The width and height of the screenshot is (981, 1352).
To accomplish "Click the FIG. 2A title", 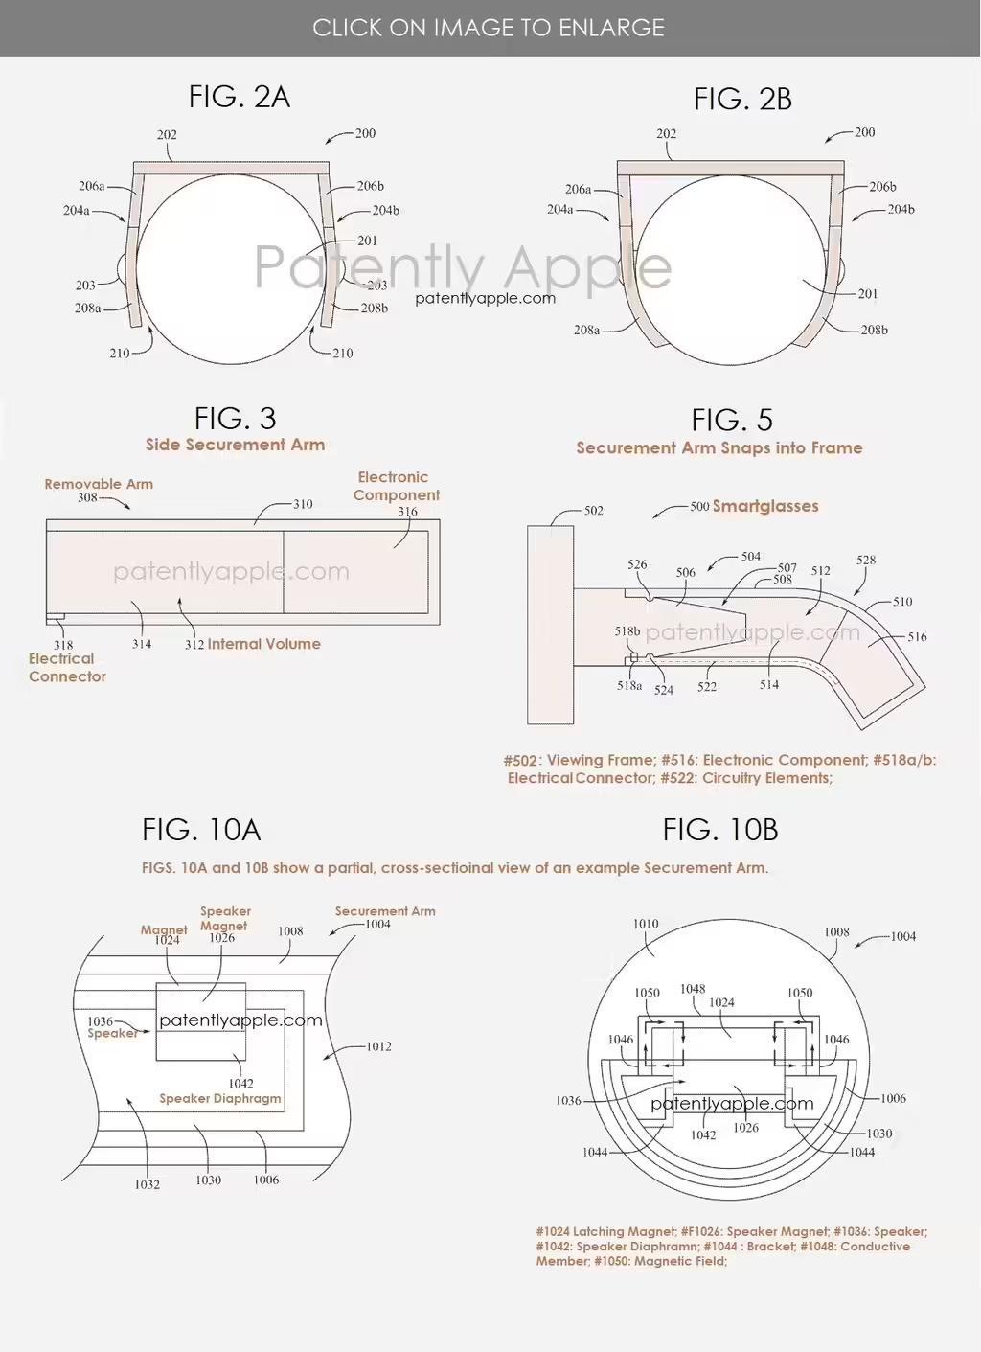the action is tap(240, 97).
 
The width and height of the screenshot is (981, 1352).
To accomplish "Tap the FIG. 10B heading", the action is tap(720, 830).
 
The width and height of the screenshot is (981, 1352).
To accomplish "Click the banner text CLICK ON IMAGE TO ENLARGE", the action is tap(489, 28).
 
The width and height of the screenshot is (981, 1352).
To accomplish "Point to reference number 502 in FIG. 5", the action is tap(594, 511).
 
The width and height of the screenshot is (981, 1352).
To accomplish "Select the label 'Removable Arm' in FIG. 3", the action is tap(99, 484).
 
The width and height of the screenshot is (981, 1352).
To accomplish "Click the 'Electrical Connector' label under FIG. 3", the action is tap(67, 668).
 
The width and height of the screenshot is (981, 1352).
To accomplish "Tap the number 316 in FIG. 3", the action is tap(408, 512).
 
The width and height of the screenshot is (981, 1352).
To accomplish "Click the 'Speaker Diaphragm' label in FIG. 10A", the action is tap(220, 1098).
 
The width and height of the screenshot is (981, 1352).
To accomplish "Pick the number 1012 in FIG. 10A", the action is tap(378, 1046).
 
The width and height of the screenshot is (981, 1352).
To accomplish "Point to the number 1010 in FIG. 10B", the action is tap(646, 924).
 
